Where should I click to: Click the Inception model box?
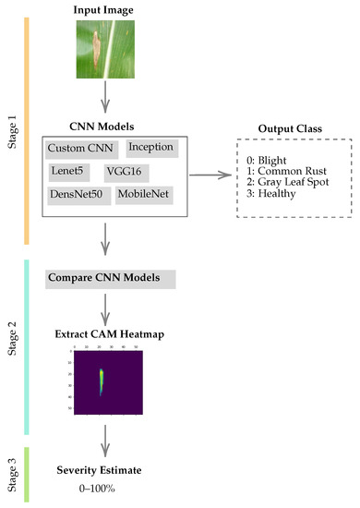pyautogui.click(x=150, y=147)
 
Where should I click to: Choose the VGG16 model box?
pyautogui.click(x=133, y=172)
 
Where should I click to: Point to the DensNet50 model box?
pyautogui.click(x=78, y=196)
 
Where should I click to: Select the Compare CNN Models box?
pyautogui.click(x=110, y=277)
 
